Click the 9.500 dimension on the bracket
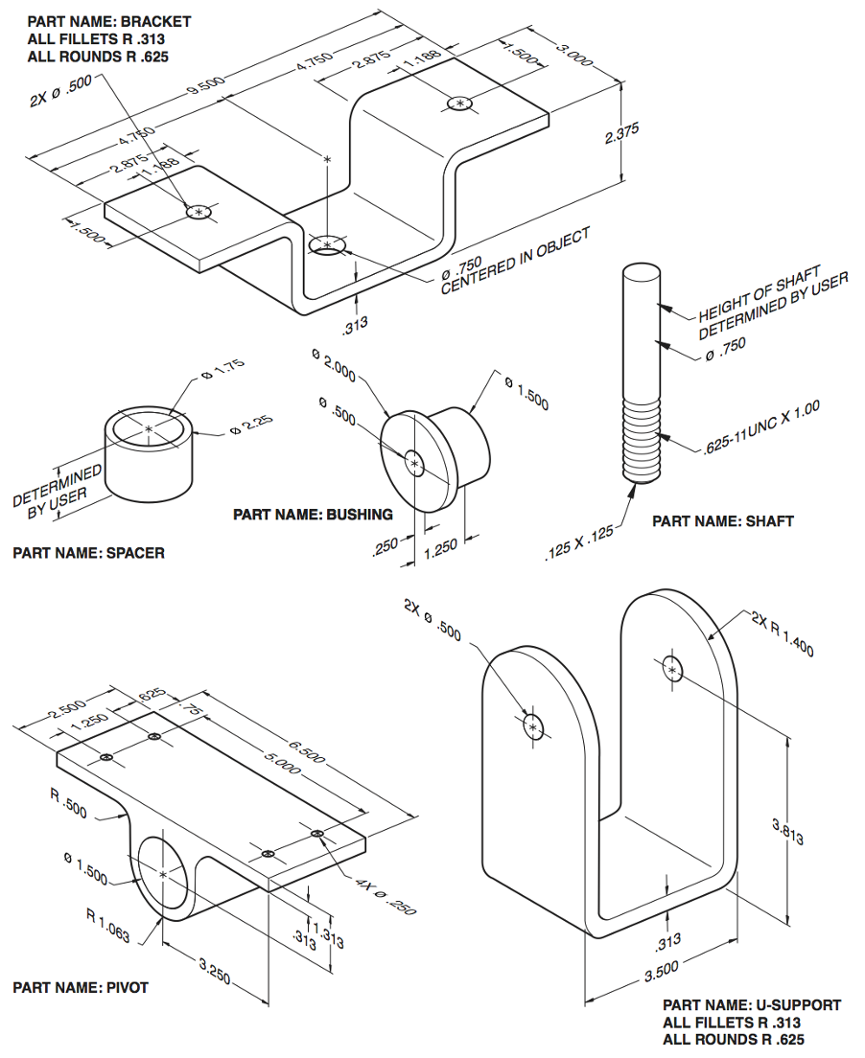pyautogui.click(x=206, y=87)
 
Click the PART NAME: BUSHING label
pyautogui.click(x=313, y=515)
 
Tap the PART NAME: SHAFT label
pyautogui.click(x=723, y=521)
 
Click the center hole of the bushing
pyautogui.click(x=414, y=463)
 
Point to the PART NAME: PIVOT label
pyautogui.click(x=81, y=987)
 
